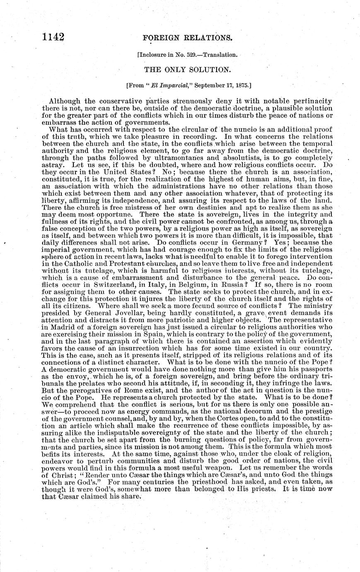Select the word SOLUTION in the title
(x=200, y=70)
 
